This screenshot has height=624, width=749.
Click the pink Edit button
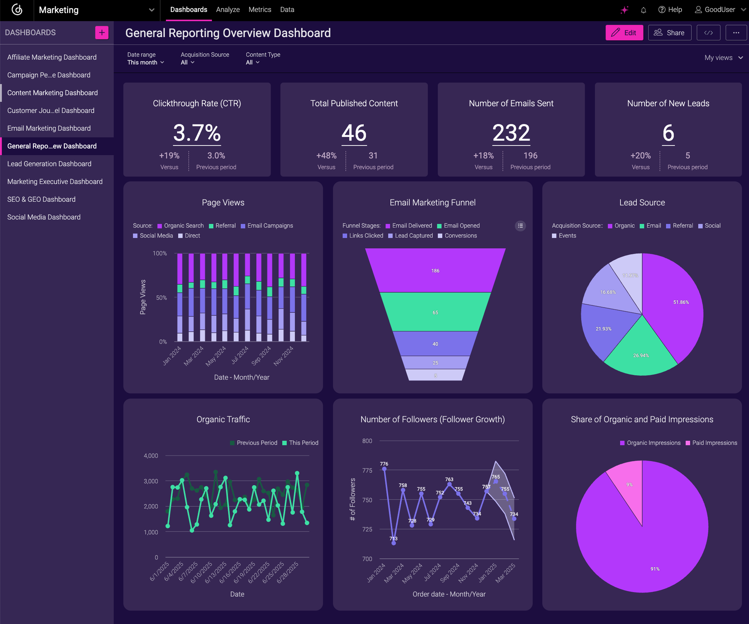[x=624, y=33]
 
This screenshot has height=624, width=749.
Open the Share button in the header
[x=669, y=33]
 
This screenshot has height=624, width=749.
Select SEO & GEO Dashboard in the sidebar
[x=41, y=199]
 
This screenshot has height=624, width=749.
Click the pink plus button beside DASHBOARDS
[x=102, y=33]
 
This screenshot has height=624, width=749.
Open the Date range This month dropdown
[x=145, y=62]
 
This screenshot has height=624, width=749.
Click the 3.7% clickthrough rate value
[x=197, y=133]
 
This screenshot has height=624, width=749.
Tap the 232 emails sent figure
[x=511, y=133]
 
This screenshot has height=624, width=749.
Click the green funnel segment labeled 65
[x=435, y=312]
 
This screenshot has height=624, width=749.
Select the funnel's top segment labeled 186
[x=435, y=270]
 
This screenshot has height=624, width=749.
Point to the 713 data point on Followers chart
[x=394, y=543]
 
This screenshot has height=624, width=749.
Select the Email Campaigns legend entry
[x=267, y=226]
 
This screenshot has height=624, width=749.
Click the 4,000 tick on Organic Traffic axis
[x=151, y=456]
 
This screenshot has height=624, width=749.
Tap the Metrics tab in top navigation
[x=260, y=10]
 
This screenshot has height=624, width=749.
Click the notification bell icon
[x=643, y=10]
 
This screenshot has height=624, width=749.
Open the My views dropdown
[x=723, y=58]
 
